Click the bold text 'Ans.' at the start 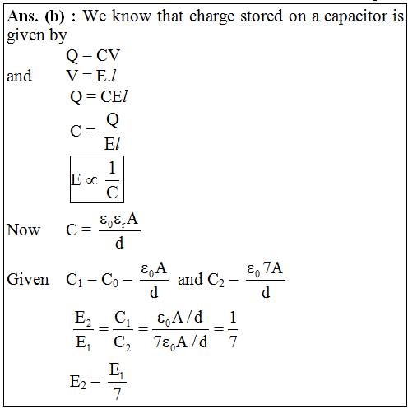pyautogui.click(x=22, y=16)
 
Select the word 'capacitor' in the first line pyautogui.click(x=356, y=16)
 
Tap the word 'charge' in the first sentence pyautogui.click(x=212, y=17)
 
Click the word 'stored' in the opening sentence pyautogui.click(x=262, y=16)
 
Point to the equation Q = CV pyautogui.click(x=93, y=55)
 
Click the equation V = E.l pyautogui.click(x=90, y=76)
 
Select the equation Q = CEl pyautogui.click(x=99, y=96)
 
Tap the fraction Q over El pyautogui.click(x=113, y=132)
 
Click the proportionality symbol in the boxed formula pyautogui.click(x=91, y=180)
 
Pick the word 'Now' pyautogui.click(x=24, y=230)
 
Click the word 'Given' pyautogui.click(x=28, y=279)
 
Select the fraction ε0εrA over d pyautogui.click(x=119, y=231)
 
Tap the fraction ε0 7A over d pyautogui.click(x=266, y=281)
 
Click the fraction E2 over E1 pyautogui.click(x=83, y=330)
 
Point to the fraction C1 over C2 pyautogui.click(x=123, y=330)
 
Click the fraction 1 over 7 pyautogui.click(x=233, y=330)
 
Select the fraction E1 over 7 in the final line pyautogui.click(x=117, y=381)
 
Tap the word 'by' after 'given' pyautogui.click(x=58, y=36)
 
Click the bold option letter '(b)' pyautogui.click(x=55, y=16)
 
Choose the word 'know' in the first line pyautogui.click(x=132, y=16)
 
